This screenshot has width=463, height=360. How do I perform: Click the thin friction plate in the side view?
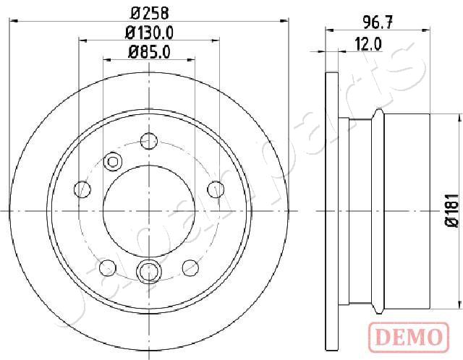point(332,210)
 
